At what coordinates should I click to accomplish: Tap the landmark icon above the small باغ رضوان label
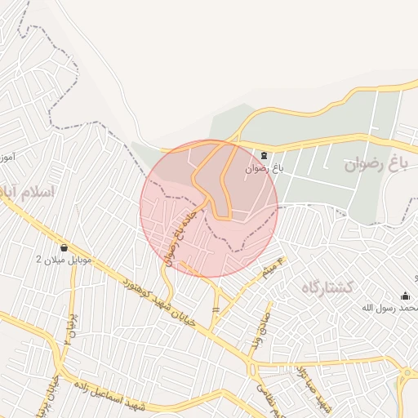(x=264, y=155)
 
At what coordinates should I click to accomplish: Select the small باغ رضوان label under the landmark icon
(x=264, y=169)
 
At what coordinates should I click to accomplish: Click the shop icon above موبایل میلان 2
(x=64, y=247)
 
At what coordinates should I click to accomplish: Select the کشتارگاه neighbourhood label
(x=327, y=287)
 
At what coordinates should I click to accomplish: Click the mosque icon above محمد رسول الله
(x=406, y=296)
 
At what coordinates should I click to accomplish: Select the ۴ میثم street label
(x=272, y=269)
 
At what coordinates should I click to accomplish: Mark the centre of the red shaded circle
(x=209, y=208)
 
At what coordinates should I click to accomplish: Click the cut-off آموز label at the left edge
(x=7, y=155)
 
